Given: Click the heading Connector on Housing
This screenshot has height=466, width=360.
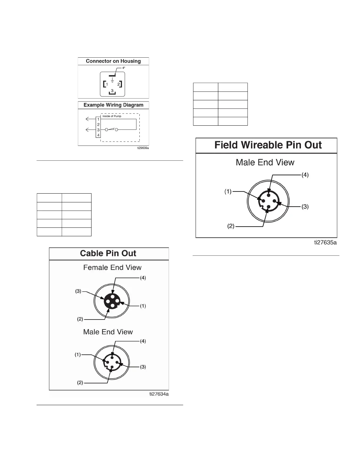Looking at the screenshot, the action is click(x=113, y=61).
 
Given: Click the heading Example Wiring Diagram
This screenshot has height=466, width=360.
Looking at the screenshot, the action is click(x=113, y=105).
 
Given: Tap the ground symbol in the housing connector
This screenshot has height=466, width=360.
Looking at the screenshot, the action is click(x=112, y=80).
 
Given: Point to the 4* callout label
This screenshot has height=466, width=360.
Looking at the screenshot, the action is click(x=124, y=68).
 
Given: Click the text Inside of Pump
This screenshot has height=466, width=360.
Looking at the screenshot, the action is click(x=112, y=116).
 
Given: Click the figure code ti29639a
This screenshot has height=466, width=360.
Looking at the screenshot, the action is click(x=143, y=148).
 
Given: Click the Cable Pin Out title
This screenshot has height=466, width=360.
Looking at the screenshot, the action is click(x=108, y=254).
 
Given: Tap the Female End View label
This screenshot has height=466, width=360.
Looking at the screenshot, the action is click(x=112, y=267).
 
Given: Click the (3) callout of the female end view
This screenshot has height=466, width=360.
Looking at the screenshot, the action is click(x=78, y=291).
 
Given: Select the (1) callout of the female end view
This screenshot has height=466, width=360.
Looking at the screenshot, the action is click(x=143, y=306).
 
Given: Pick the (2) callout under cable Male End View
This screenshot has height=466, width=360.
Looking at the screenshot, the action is click(x=80, y=383).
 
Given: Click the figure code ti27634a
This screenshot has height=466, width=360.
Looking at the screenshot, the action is click(x=159, y=394).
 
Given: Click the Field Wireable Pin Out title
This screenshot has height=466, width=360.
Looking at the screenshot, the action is click(x=268, y=145).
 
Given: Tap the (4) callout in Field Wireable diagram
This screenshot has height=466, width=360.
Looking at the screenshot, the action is click(x=305, y=175).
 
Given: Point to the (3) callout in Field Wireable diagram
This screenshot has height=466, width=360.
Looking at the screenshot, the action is click(x=305, y=207).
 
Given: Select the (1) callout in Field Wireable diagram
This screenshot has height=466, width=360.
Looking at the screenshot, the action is click(x=228, y=192).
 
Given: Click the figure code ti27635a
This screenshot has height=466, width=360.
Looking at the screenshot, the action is click(x=325, y=242).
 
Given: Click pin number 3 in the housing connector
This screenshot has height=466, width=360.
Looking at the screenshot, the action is click(x=112, y=91).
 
